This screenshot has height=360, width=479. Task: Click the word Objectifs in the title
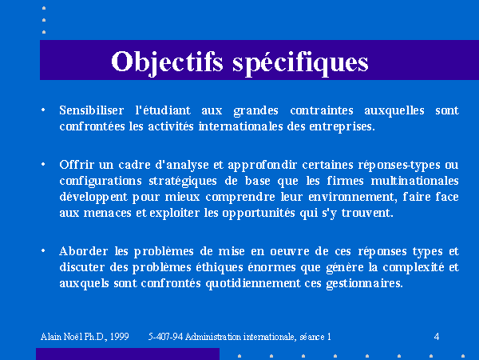[x=167, y=62]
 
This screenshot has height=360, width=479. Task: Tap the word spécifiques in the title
[x=300, y=62]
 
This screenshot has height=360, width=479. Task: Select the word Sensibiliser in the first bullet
[x=92, y=110]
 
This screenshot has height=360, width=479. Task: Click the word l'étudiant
[x=163, y=110]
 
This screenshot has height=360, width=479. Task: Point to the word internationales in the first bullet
[x=241, y=126]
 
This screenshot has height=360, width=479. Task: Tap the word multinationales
[x=414, y=181]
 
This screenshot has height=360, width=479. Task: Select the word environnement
[x=353, y=197]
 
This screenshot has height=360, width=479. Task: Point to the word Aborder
[x=83, y=251]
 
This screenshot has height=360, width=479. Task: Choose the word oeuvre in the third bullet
[x=290, y=252]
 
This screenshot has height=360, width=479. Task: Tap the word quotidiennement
[x=253, y=283]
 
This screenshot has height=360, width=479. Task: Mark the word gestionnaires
[x=365, y=284]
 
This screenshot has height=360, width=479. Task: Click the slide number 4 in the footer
[x=437, y=337]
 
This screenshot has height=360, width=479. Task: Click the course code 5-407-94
[x=165, y=337]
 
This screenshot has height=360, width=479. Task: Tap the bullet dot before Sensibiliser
[x=43, y=110]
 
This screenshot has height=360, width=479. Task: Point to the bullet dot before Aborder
[x=43, y=250]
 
